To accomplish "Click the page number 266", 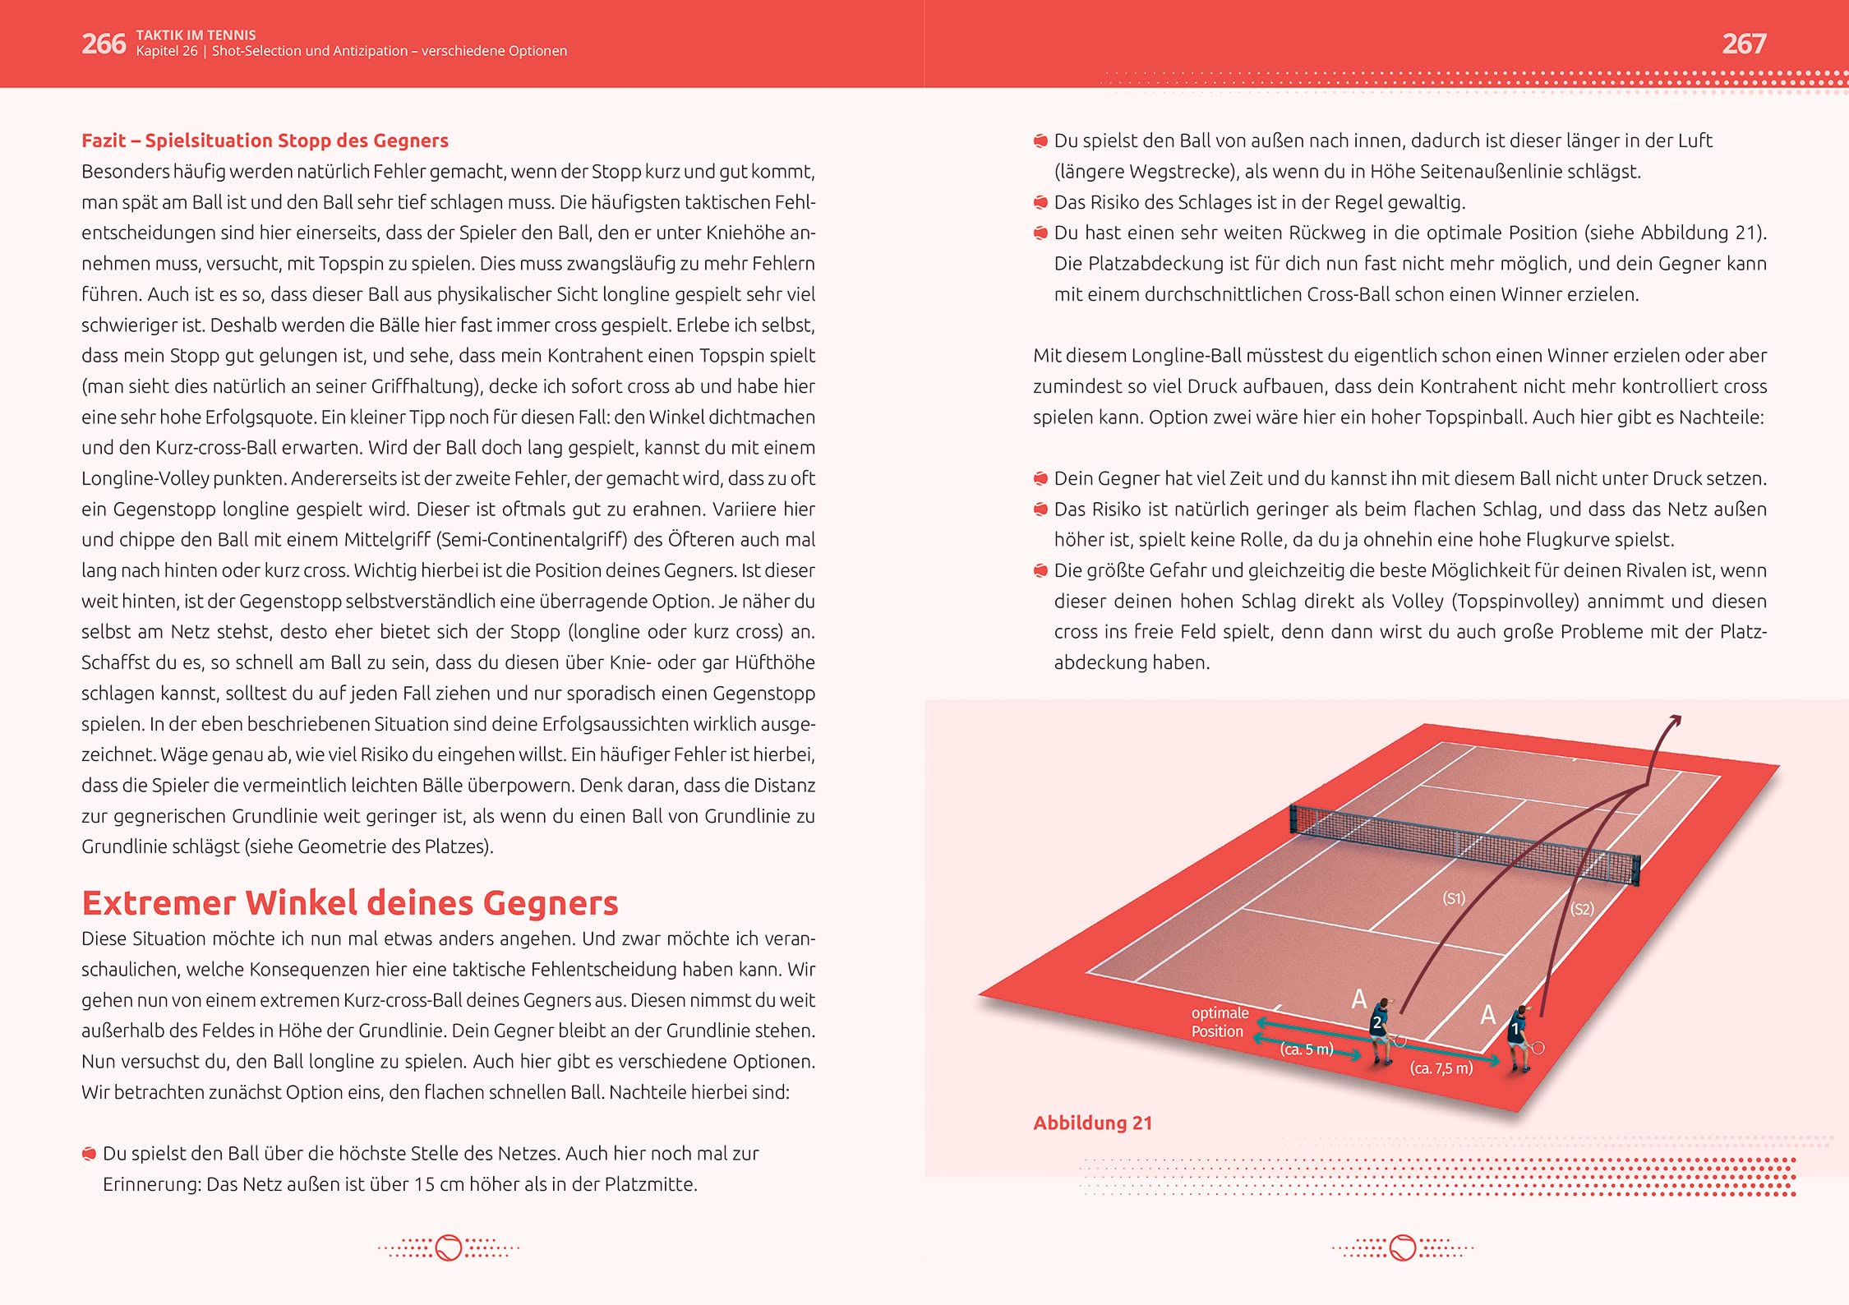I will pos(103,44).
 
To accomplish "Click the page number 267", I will pos(1744,44).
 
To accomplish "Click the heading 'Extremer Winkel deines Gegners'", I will pos(349,902).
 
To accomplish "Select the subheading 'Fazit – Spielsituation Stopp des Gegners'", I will pos(265,141).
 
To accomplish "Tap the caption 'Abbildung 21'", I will pos(1092,1123).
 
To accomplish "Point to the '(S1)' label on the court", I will pos(1454,898).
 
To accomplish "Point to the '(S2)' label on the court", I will pos(1582,909).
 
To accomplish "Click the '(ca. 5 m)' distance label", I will pos(1307,1049).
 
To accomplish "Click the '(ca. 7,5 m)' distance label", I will pos(1441,1068).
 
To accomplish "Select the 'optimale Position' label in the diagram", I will pos(1220,1021).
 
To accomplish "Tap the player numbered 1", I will pos(1519,1037).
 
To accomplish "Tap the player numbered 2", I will pos(1381,1031).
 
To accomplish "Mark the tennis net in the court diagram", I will pos(1463,842).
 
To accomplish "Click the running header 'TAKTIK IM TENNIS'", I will pos(196,35).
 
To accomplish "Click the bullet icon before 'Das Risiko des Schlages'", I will pos(1040,202).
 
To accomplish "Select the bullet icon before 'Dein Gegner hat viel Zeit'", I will pos(1040,478).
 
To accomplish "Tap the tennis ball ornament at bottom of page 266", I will pos(449,1248).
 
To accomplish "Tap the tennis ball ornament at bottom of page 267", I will pos(1403,1248).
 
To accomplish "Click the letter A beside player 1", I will pos(1487,1015).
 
